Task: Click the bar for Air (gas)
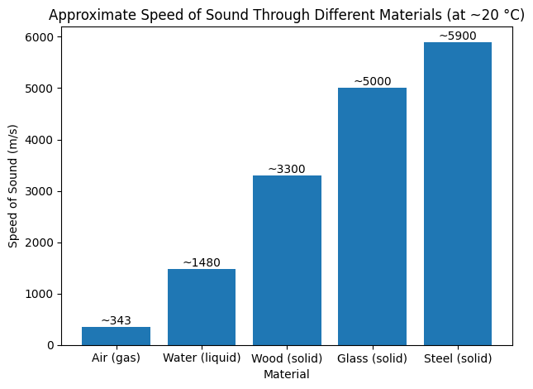pos(116,336)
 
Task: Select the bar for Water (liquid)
pos(202,307)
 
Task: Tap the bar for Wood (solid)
pos(287,260)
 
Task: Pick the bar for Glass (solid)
pos(372,216)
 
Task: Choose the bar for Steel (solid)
pos(458,194)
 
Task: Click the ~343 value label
pos(116,320)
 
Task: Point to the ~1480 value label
pos(202,262)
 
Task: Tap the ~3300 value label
pos(287,169)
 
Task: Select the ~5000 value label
pos(372,81)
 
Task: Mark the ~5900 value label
pos(458,36)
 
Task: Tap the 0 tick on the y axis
pos(50,345)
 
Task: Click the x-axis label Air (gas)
pos(116,358)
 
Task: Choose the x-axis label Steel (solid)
pos(458,358)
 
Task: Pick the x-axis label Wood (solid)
pos(287,358)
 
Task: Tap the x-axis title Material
pos(287,374)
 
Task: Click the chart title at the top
pos(287,15)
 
